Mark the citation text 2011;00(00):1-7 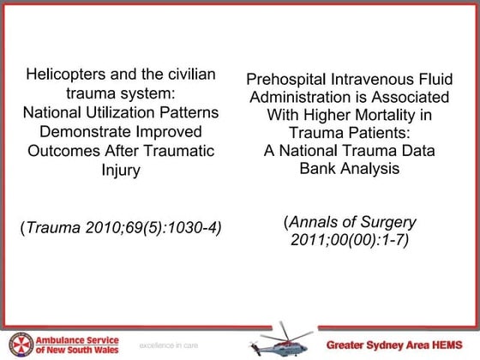pos(351,239)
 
